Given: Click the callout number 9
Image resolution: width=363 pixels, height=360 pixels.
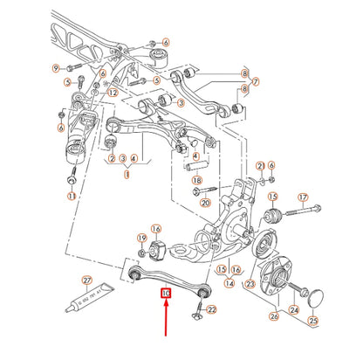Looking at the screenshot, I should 55,67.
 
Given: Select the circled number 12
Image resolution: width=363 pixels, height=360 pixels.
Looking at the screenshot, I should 113,93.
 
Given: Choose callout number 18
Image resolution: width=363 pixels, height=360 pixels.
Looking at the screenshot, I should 197,180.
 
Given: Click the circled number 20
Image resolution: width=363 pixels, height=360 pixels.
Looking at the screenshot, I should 205,202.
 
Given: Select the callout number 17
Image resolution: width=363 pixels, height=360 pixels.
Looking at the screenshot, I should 303,197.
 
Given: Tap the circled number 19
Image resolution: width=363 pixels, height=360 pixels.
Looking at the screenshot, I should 141,239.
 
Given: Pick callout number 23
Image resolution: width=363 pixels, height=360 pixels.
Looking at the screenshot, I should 250,284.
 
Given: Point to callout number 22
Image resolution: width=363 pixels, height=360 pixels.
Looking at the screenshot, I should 212,309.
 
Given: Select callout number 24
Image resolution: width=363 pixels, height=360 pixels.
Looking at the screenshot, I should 293,308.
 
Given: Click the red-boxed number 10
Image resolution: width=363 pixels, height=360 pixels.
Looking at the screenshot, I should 166,295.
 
